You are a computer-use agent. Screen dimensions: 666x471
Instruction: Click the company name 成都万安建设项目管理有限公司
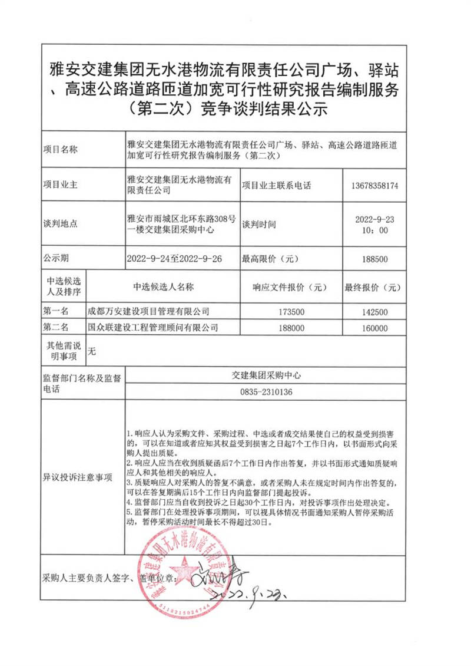coord(148,311)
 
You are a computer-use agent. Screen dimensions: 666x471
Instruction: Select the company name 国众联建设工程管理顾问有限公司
coord(152,327)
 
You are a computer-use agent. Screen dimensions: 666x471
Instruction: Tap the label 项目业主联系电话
coord(276,185)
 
